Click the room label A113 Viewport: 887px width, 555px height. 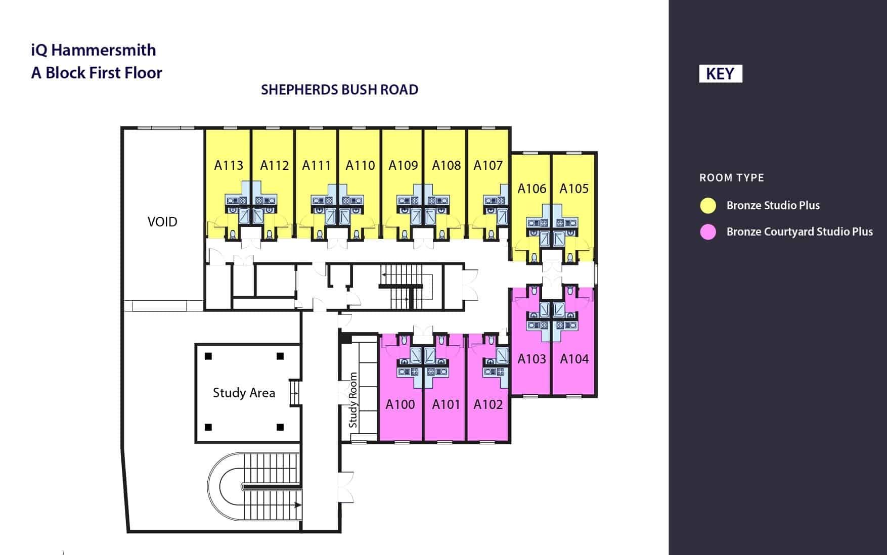coord(229,165)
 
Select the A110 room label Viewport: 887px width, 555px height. coord(360,165)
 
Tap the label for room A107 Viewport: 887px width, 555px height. coord(488,165)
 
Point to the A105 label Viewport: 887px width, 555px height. coord(574,189)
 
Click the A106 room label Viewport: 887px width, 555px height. coord(532,189)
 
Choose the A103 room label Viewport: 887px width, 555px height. coord(532,359)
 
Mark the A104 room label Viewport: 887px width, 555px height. coord(574,359)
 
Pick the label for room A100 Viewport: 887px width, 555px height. coord(400,404)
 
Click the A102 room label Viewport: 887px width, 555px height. coord(488,404)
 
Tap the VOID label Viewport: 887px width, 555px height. coord(162,222)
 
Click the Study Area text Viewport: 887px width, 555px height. coord(244,393)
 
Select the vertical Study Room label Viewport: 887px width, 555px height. coord(353,400)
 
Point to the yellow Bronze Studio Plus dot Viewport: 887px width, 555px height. coord(708,205)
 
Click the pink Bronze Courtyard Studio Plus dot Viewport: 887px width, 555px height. coord(708,232)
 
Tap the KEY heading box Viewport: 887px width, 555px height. coord(720,74)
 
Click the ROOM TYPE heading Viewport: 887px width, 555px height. coord(732,178)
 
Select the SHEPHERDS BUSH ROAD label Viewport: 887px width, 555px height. coord(339,90)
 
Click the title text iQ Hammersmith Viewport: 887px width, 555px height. coord(94,50)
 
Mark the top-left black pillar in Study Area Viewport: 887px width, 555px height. coord(208,356)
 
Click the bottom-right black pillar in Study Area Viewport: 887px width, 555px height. coord(280,427)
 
